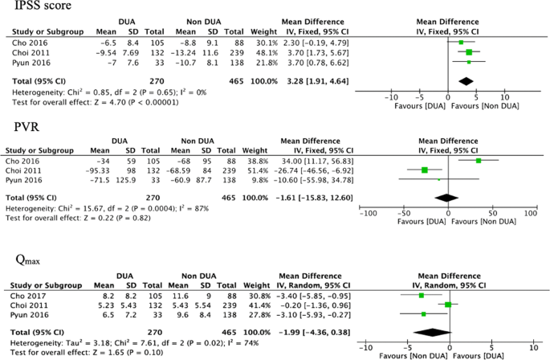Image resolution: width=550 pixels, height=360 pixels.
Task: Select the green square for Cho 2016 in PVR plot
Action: tap(478, 161)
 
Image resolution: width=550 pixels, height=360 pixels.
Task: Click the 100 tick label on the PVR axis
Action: tap(530, 213)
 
